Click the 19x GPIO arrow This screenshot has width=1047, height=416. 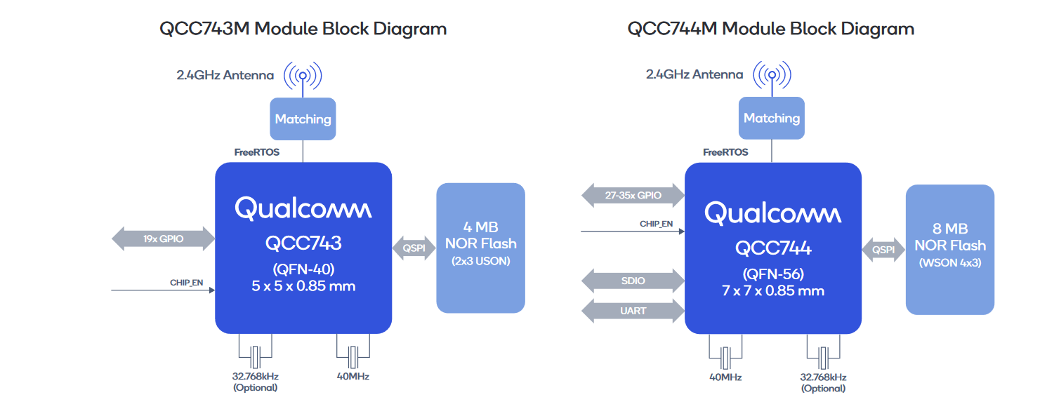(x=163, y=239)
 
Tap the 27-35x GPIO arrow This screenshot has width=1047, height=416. (x=633, y=195)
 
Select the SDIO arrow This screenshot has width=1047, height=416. (x=633, y=281)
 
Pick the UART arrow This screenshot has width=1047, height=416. (x=633, y=311)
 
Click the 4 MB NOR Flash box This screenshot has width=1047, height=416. (x=480, y=248)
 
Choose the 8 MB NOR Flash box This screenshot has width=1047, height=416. (x=950, y=250)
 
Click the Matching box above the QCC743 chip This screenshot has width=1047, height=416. (x=303, y=119)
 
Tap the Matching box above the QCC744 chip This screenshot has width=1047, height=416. (x=772, y=118)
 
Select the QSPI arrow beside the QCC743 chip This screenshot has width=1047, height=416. (x=414, y=248)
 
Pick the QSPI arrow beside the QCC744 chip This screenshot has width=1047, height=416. (x=883, y=250)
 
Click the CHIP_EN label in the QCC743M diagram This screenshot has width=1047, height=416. (x=187, y=283)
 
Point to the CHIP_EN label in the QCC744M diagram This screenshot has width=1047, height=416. (x=657, y=224)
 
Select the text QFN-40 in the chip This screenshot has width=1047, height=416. (x=304, y=269)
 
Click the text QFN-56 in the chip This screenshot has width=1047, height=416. (x=774, y=274)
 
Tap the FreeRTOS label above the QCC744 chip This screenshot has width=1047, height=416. (x=725, y=152)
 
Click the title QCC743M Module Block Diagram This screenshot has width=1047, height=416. (x=303, y=29)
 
